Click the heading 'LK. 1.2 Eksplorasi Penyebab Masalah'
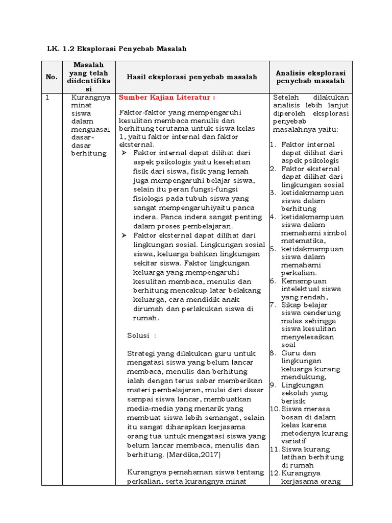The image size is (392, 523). point(116,49)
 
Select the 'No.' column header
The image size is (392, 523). point(52,77)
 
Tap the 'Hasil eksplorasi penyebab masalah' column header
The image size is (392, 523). point(192,77)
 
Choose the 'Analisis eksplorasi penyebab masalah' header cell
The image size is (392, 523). point(310,77)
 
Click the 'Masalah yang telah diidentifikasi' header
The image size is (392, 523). point(88,77)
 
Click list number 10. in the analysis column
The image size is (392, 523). point(275,409)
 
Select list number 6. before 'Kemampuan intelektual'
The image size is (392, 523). point(273,281)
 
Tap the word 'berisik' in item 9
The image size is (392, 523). point(292,401)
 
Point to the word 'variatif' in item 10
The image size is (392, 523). point(294,441)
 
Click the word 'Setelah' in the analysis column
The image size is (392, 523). point(285,98)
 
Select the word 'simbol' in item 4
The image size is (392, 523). point(336,233)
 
